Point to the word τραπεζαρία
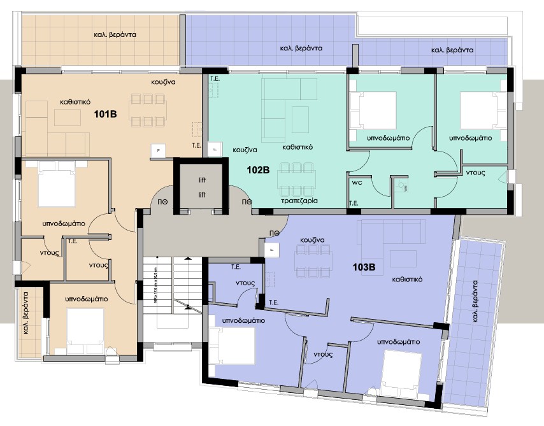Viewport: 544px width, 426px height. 299,200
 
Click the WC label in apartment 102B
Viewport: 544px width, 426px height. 357,181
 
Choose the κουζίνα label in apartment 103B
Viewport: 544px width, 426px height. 312,240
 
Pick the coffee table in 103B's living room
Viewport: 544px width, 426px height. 403,258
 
